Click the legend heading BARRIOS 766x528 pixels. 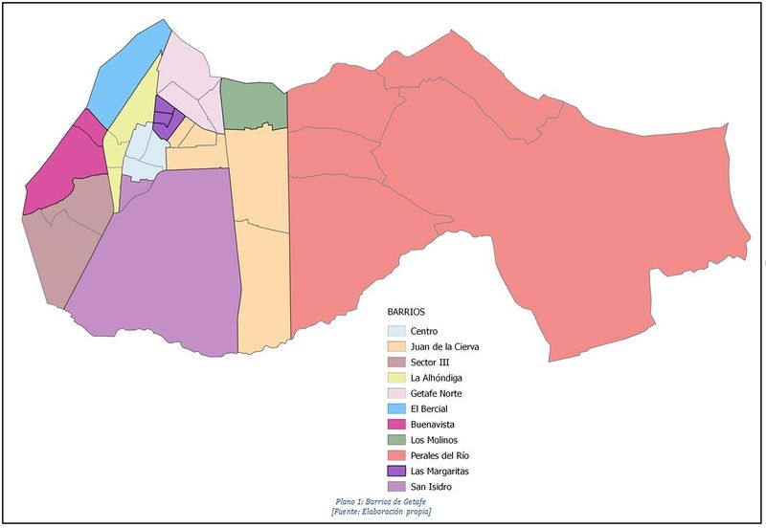pos(407,312)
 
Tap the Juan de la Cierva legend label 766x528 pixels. pos(450,346)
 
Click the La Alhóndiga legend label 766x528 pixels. pos(438,378)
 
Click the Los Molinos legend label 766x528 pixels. pos(436,440)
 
